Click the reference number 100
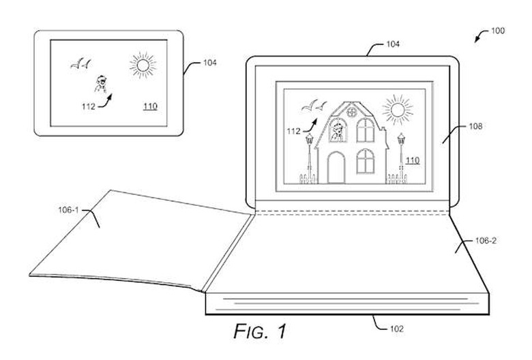click(498, 31)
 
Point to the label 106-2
click(480, 241)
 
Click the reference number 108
click(476, 127)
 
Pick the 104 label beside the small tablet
click(211, 63)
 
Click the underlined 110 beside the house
click(412, 160)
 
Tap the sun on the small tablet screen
click(143, 65)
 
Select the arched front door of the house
click(336, 167)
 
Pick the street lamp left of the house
click(309, 153)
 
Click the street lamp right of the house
click(401, 153)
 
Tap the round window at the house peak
click(350, 110)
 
